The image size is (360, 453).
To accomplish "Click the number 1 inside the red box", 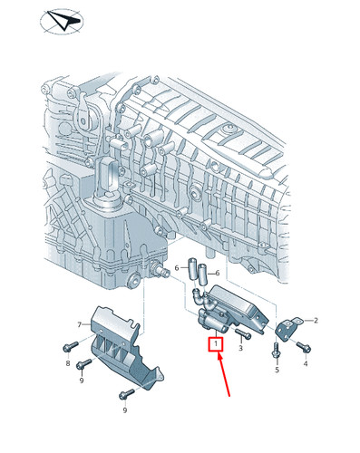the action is pos(216,343).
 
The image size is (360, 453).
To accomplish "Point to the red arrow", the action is pos(224,374).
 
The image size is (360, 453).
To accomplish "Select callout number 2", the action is pos(316,321).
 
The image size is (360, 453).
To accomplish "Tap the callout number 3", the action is pos(240,348).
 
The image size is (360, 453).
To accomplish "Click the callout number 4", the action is pos(306,364).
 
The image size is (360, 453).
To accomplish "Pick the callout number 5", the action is pos(277,370).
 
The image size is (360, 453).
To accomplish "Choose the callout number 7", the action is pos(80,325).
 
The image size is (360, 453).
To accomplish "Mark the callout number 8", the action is pos(68,363).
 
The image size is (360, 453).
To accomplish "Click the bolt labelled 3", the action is pos(243,334).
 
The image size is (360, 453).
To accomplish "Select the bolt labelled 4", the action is pos(304,347).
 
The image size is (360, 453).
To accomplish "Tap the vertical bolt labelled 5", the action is pos(277,351).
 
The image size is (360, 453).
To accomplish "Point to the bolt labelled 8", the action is pos(71,347).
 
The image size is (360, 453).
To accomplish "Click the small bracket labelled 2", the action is pos(287,329).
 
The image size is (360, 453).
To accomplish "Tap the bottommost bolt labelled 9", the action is pos(127,394).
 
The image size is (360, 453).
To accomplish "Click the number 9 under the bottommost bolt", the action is pos(125,410).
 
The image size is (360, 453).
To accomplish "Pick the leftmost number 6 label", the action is pos(177,267).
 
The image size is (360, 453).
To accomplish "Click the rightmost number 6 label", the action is pos(217,273).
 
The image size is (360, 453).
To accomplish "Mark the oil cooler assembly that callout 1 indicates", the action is pos(229,311).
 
